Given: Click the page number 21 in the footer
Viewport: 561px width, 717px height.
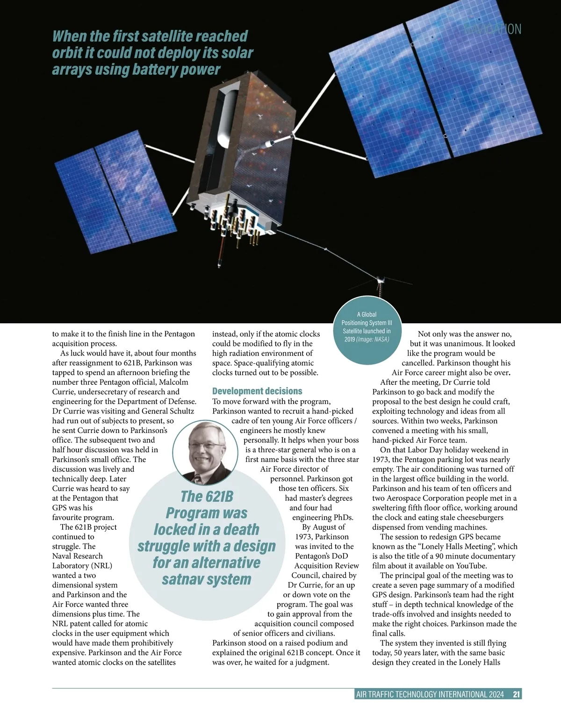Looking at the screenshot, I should (516, 695).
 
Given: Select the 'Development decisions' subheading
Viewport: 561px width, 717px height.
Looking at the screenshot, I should (257, 391).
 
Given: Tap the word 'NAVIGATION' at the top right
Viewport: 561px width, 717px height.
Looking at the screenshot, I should (493, 29).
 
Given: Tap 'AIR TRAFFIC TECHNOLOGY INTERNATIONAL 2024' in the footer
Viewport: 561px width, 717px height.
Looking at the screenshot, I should (430, 695).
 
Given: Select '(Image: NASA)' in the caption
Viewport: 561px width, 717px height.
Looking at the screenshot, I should (372, 339).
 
